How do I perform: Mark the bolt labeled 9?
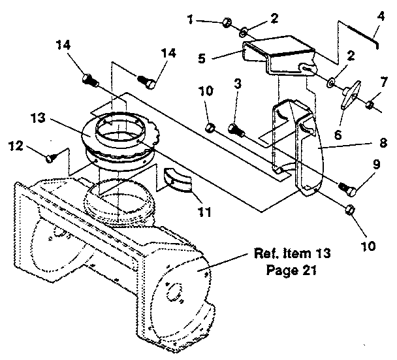(x=347, y=188)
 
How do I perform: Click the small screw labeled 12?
(x=50, y=156)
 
